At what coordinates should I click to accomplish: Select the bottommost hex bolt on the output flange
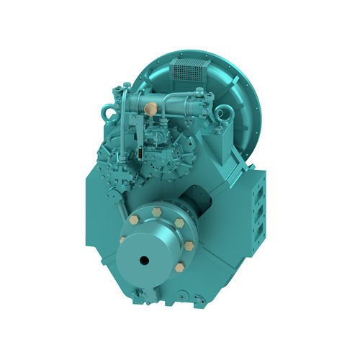click(x=179, y=267)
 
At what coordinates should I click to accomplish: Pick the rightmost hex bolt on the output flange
click(x=189, y=246)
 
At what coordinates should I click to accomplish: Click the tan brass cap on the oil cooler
click(x=150, y=109)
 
